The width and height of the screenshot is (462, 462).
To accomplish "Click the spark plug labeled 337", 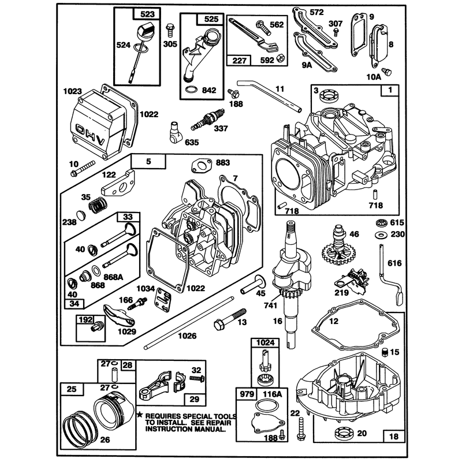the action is [x=207, y=120].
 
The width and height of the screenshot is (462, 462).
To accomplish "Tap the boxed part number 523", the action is [x=147, y=14].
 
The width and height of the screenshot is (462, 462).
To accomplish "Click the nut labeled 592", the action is [x=281, y=58].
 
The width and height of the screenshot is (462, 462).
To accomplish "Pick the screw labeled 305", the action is [x=169, y=30].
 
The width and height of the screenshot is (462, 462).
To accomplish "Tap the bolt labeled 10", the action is [x=83, y=168].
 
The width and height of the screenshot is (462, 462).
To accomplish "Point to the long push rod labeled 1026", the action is [x=188, y=323].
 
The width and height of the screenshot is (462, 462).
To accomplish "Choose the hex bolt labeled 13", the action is [x=230, y=319].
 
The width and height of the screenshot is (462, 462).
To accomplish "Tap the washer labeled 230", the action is [x=382, y=235].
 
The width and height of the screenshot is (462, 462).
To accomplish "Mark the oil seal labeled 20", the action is [x=344, y=433].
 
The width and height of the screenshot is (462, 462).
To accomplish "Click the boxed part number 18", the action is [x=394, y=436].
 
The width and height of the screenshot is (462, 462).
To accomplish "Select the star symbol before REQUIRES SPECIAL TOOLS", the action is [x=140, y=415].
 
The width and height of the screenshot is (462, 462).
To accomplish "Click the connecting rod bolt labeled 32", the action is [x=198, y=378].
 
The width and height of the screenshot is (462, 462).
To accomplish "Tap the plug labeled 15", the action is [x=385, y=351].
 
